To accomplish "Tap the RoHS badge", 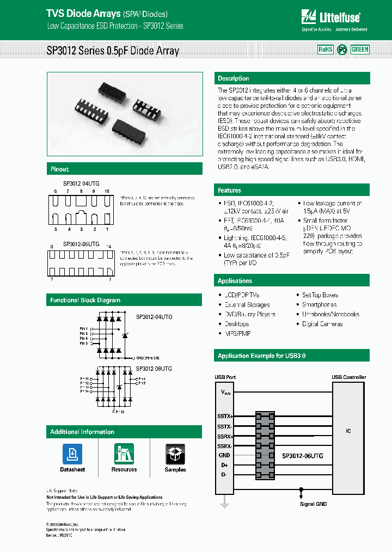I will click(x=325, y=50).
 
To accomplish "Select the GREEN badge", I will click(x=360, y=50).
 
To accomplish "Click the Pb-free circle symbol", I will click(x=342, y=50).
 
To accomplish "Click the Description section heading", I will click(x=234, y=78).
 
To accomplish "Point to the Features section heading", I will click(x=230, y=191).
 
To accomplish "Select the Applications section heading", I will click(x=235, y=281).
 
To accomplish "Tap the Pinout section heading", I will click(x=59, y=169).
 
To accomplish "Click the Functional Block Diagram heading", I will click(x=85, y=300).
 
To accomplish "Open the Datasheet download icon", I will click(x=72, y=454).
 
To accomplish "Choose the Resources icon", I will click(x=124, y=454).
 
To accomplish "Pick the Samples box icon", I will click(x=175, y=454).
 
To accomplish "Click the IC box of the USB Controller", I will click(x=348, y=431).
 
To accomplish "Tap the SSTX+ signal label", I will click(x=225, y=416).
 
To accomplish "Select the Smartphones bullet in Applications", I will click(x=320, y=305).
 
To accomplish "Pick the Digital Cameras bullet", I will click(x=322, y=324).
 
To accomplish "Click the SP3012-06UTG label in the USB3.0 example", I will click(x=302, y=456).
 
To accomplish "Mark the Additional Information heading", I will click(x=82, y=432).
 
